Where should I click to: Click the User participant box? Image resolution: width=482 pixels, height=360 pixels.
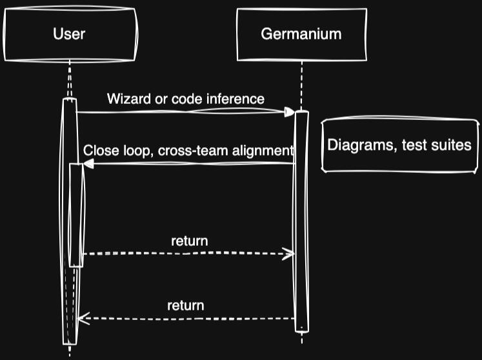click(69, 34)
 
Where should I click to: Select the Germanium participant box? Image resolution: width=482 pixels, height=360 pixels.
click(301, 34)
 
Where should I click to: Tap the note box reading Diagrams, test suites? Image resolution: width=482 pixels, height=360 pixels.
click(399, 145)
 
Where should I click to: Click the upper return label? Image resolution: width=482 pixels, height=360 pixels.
click(189, 241)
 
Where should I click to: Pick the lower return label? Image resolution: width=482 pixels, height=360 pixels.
click(186, 305)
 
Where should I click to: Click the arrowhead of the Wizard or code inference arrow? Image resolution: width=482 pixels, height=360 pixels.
click(290, 112)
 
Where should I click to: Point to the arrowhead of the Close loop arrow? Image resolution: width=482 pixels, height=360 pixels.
click(88, 164)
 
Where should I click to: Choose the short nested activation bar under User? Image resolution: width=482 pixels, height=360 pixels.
click(76, 215)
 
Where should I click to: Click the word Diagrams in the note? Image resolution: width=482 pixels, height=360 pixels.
click(357, 145)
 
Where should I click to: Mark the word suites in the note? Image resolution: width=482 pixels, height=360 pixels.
click(452, 145)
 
